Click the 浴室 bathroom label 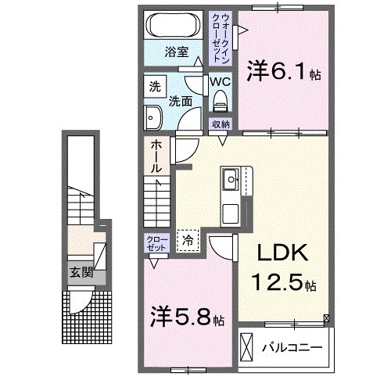pyautogui.click(x=177, y=53)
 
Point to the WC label pyautogui.click(x=219, y=81)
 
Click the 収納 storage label pyautogui.click(x=221, y=124)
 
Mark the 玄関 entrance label pyautogui.click(x=78, y=273)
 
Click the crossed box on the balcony pyautogui.click(x=247, y=346)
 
